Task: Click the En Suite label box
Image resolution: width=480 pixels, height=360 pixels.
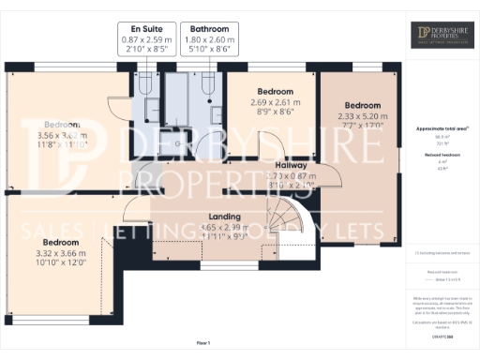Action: click(145, 35)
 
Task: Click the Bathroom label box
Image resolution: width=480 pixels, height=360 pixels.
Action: click(207, 35)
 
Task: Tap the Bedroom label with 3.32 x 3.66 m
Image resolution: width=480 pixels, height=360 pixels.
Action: click(65, 242)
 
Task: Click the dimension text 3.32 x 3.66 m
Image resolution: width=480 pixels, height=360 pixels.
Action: click(65, 253)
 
